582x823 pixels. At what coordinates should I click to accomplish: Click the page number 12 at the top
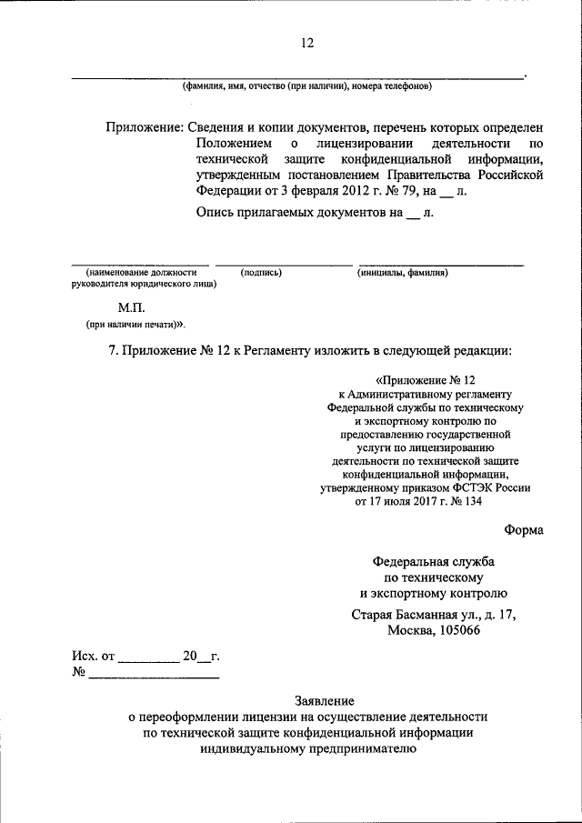coord(306,42)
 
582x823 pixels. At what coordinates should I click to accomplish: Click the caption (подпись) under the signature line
coord(261,273)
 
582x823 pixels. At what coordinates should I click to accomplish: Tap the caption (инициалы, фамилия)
coord(401,273)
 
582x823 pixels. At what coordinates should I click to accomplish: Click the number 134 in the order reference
coord(475,501)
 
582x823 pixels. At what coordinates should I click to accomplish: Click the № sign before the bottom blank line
coord(79,674)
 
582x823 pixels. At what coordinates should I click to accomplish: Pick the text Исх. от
coord(94,656)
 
